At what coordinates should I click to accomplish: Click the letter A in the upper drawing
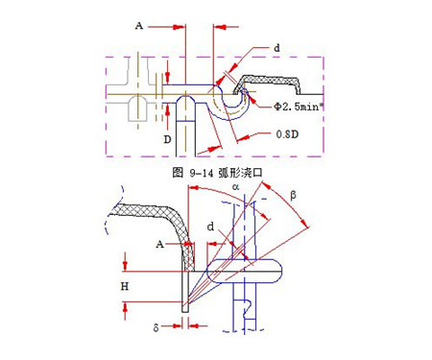[139, 26]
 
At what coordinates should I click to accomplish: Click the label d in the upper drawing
[276, 47]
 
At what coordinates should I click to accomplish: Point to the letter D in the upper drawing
[166, 138]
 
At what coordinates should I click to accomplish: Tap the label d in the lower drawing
[210, 227]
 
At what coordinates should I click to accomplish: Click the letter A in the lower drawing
[160, 246]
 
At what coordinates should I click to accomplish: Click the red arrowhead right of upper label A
[179, 26]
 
